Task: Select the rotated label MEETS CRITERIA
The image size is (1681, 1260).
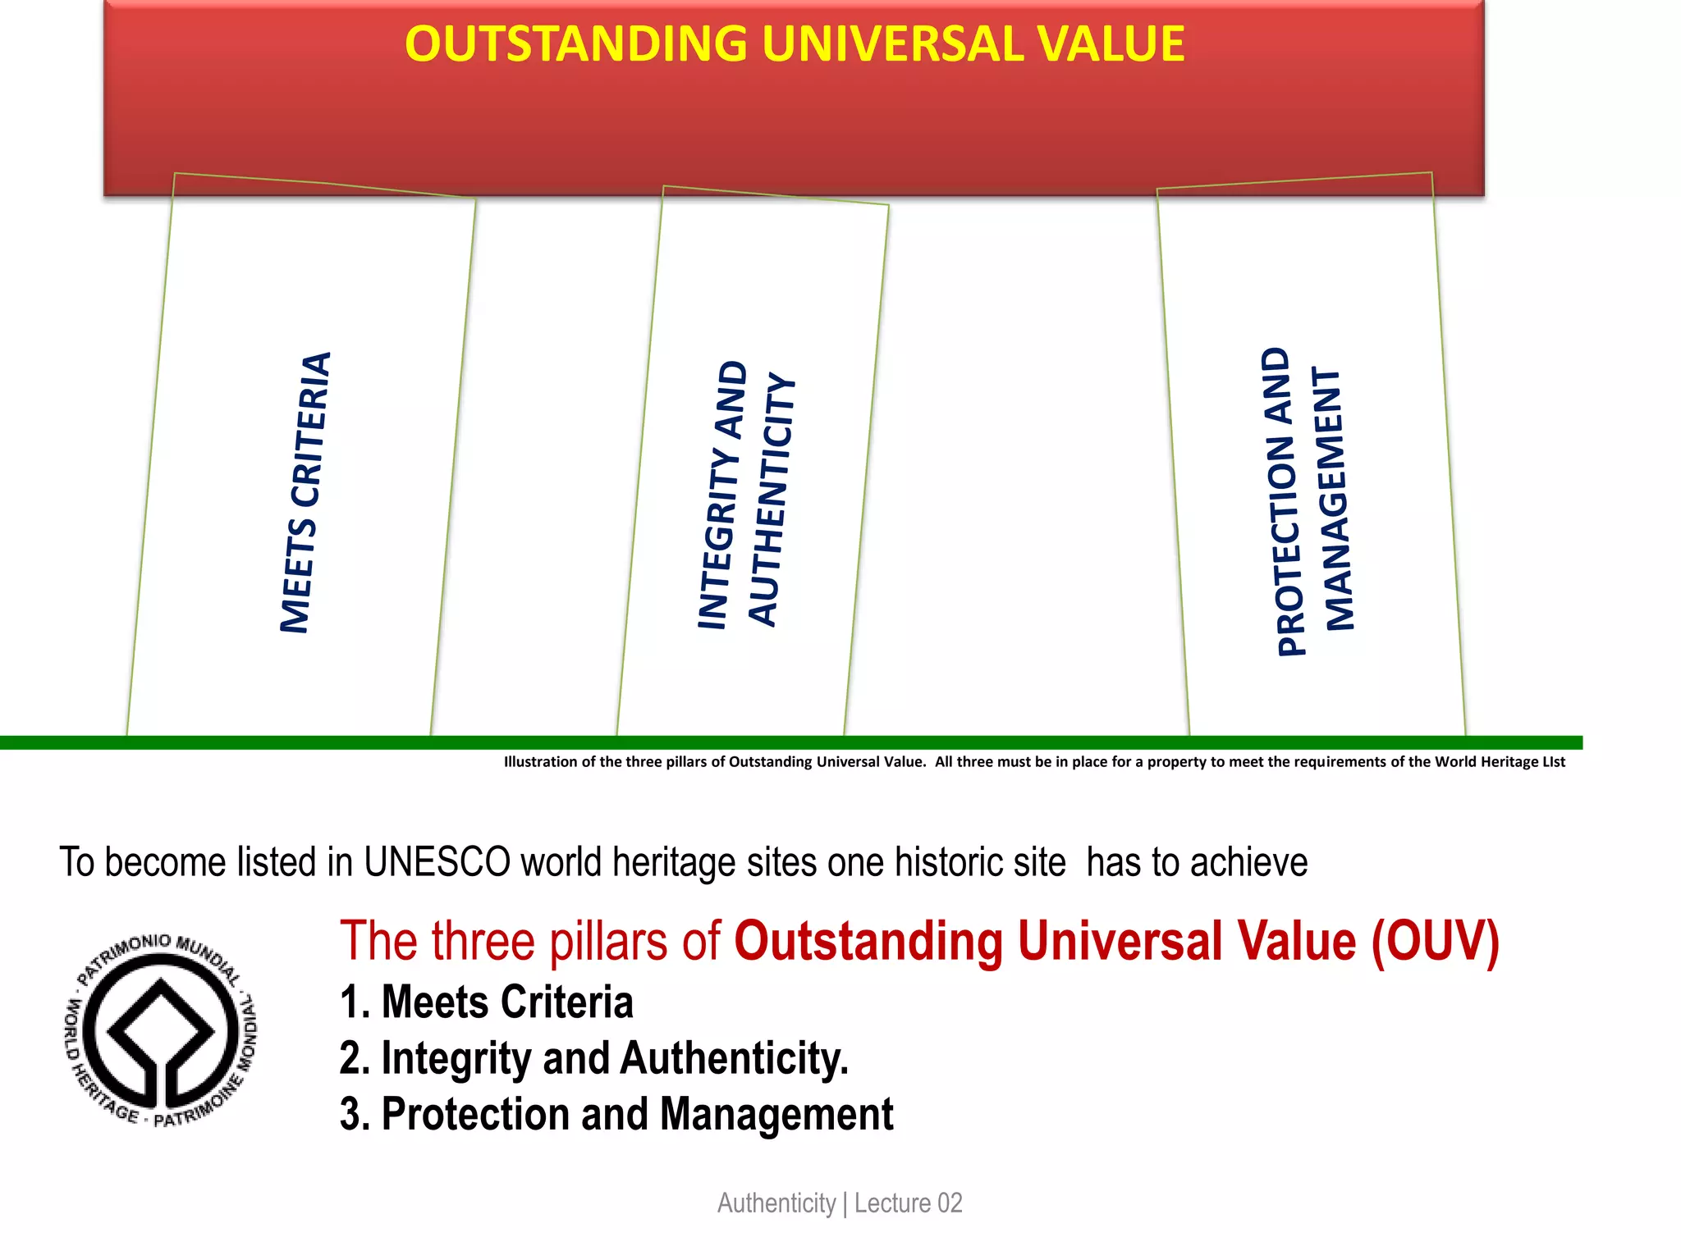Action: (305, 492)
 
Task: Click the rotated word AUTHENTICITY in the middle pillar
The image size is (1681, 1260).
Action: (772, 500)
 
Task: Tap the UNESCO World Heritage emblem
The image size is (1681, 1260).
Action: (161, 1030)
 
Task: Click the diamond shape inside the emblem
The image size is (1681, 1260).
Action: (161, 1025)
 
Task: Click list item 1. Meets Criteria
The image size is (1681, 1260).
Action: (487, 1002)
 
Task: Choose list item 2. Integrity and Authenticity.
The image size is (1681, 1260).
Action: (594, 1058)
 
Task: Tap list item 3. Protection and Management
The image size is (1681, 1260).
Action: (616, 1115)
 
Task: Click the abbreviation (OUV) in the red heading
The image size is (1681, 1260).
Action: (1435, 941)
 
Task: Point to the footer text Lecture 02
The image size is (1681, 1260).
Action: (908, 1203)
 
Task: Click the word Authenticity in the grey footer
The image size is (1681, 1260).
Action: (776, 1203)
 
